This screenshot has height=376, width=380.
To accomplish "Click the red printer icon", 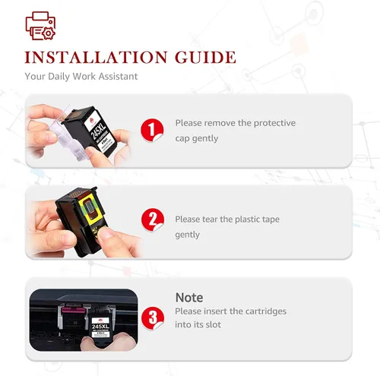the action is (x=40, y=26).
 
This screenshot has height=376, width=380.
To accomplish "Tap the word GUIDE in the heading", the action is (x=205, y=57).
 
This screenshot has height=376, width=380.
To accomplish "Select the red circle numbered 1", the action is (x=152, y=130).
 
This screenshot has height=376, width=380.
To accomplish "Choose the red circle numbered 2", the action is (x=153, y=220).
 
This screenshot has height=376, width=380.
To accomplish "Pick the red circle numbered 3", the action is (x=153, y=318).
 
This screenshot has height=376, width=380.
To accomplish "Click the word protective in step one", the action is (x=274, y=123).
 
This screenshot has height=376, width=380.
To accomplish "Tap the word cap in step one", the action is (x=182, y=138).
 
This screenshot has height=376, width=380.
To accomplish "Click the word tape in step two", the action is (x=270, y=220).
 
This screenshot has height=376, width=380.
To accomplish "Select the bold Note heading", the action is (x=189, y=298).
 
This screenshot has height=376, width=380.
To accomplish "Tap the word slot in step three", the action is (x=212, y=324).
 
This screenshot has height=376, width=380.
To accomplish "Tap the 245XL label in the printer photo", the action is (x=100, y=327).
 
